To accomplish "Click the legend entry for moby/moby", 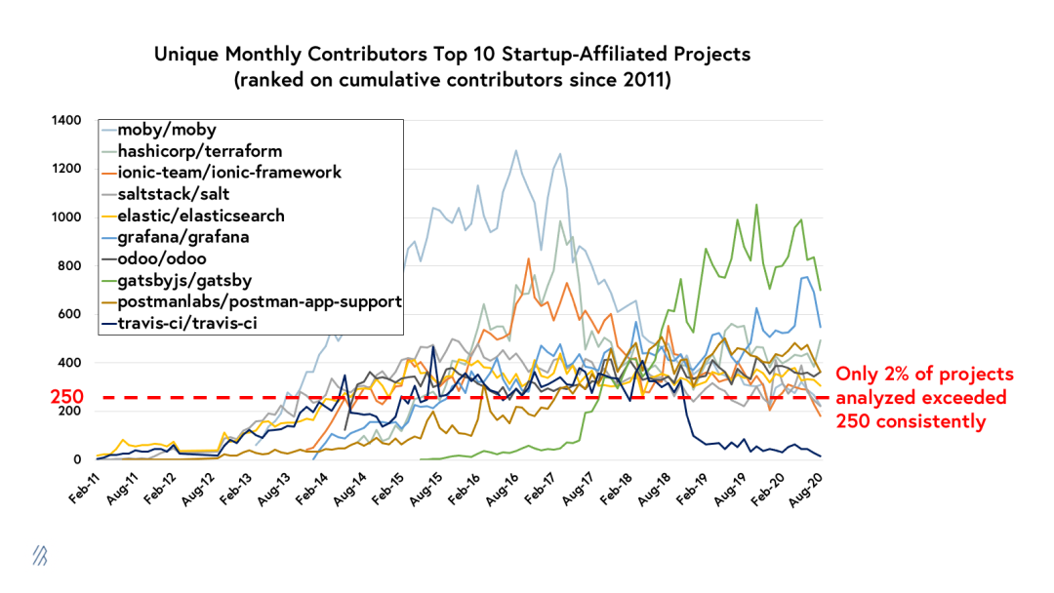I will tap(166, 130).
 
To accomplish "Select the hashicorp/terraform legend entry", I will tap(200, 151).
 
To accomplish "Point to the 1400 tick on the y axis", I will tap(67, 120).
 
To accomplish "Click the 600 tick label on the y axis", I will tap(71, 314).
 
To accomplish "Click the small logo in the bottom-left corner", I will tap(39, 555).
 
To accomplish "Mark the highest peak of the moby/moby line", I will tap(515, 150).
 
